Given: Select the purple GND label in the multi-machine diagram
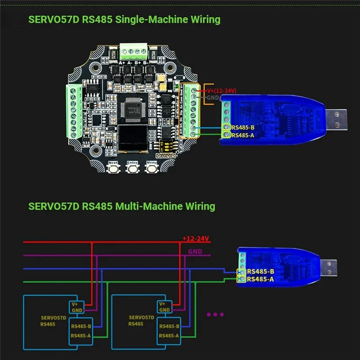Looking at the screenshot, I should (x=195, y=252).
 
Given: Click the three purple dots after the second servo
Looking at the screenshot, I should (x=215, y=315).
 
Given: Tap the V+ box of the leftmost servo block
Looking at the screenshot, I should (x=75, y=304).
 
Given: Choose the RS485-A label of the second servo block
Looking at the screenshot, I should (x=169, y=335).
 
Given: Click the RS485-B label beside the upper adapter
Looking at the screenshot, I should (x=243, y=127).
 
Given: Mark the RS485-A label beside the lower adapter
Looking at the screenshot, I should (x=260, y=279).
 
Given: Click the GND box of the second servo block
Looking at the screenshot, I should (x=165, y=310).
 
